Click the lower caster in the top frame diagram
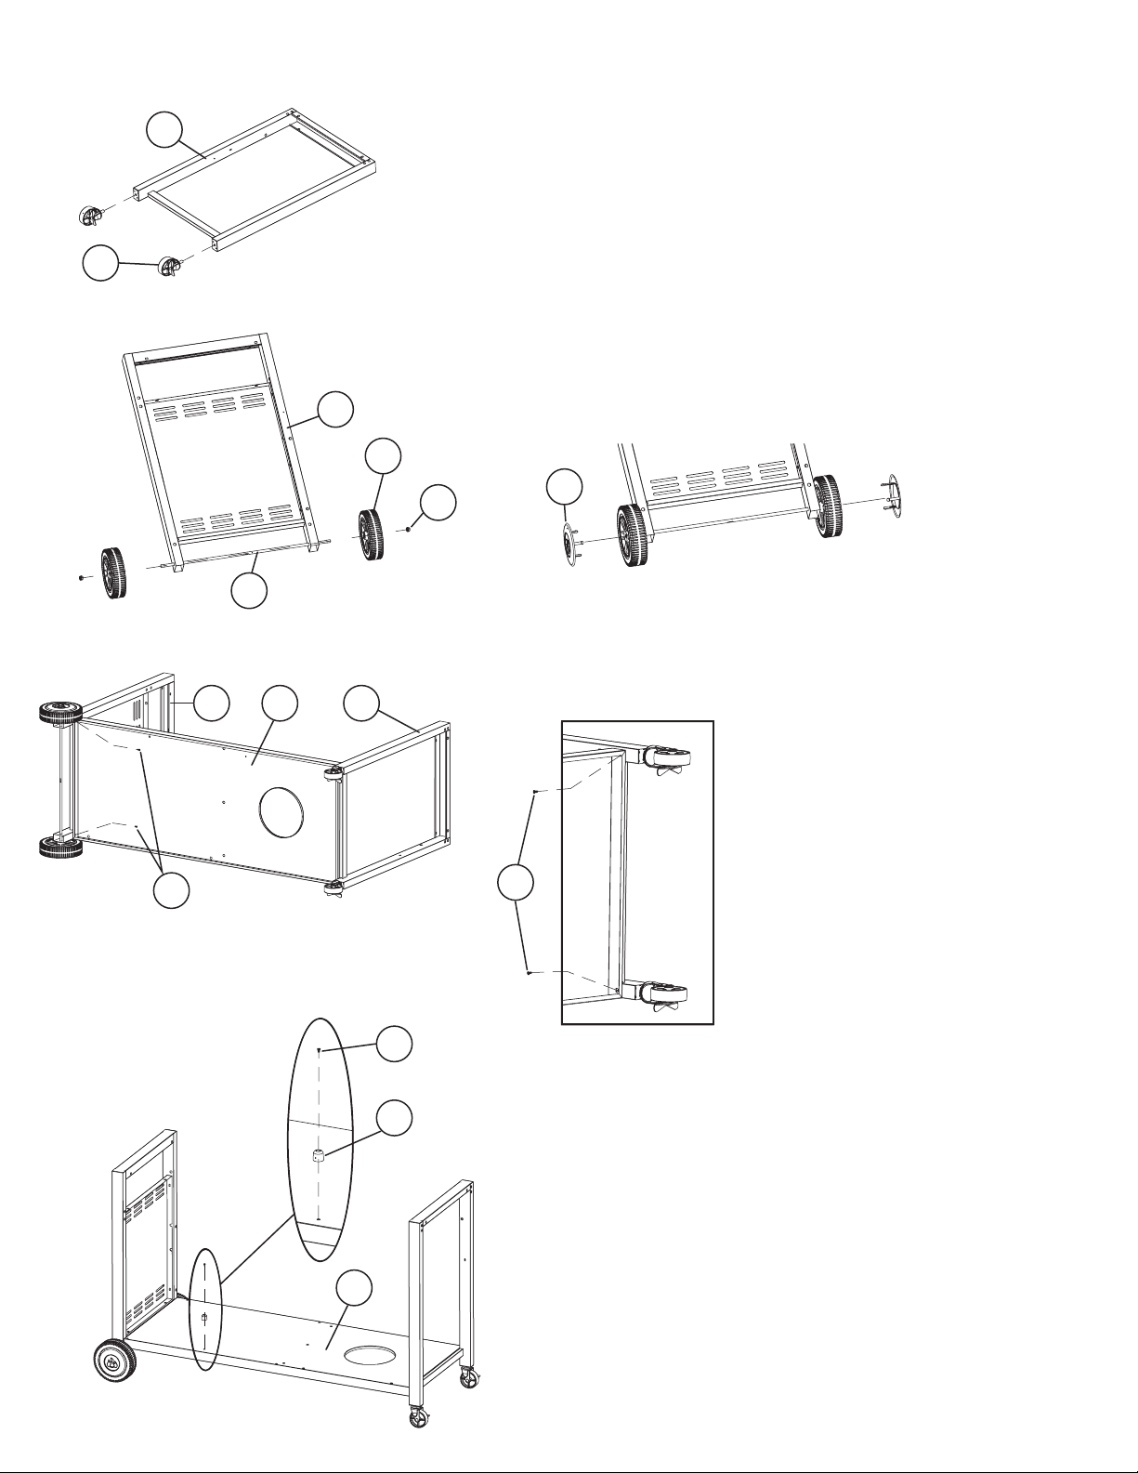coord(170,266)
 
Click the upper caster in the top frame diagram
coord(87,215)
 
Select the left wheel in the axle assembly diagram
coord(112,573)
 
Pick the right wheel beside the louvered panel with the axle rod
coord(372,536)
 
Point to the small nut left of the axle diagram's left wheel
coord(81,577)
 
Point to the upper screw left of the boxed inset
coord(535,792)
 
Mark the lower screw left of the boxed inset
coord(528,973)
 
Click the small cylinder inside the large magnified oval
coord(318,1156)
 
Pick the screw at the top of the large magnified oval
coord(319,1049)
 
